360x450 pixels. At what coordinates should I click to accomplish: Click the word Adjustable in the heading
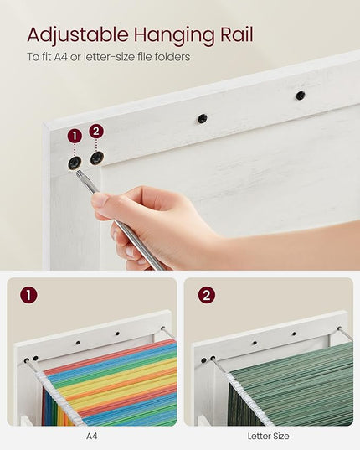[78, 35]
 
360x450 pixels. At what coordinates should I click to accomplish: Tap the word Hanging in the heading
[174, 35]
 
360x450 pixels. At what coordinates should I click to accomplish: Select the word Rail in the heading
[236, 34]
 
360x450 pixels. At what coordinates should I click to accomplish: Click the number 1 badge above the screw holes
[75, 136]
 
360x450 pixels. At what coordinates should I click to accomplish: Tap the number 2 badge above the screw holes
[96, 132]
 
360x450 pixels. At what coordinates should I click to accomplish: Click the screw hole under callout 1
[75, 163]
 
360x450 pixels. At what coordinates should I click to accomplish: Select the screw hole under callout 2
[97, 158]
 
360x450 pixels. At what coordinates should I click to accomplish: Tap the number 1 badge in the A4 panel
[28, 295]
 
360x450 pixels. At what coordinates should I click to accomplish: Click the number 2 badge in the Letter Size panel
[207, 295]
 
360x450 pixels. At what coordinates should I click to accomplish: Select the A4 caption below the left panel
[92, 437]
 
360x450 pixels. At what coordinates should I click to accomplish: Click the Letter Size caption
[268, 437]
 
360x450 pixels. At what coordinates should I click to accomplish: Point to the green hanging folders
[290, 385]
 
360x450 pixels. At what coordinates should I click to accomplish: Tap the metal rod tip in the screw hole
[78, 173]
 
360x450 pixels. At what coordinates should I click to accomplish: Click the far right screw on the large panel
[300, 95]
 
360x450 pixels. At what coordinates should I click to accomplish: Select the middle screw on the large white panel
[203, 118]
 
